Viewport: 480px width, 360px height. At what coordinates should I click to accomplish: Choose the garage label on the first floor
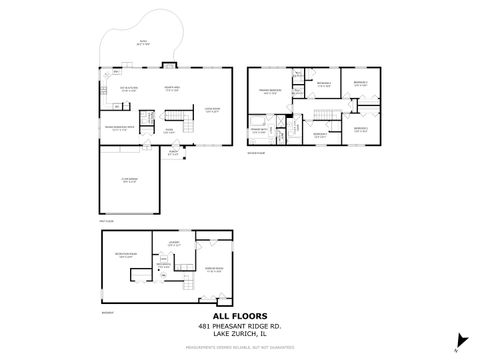pyautogui.click(x=128, y=181)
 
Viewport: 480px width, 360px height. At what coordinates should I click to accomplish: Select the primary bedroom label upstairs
pyautogui.click(x=270, y=92)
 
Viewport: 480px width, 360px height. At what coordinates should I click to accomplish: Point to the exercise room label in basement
pyautogui.click(x=213, y=269)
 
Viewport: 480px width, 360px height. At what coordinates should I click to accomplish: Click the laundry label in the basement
pyautogui.click(x=173, y=244)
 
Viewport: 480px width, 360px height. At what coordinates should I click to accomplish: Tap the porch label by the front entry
pyautogui.click(x=173, y=153)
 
